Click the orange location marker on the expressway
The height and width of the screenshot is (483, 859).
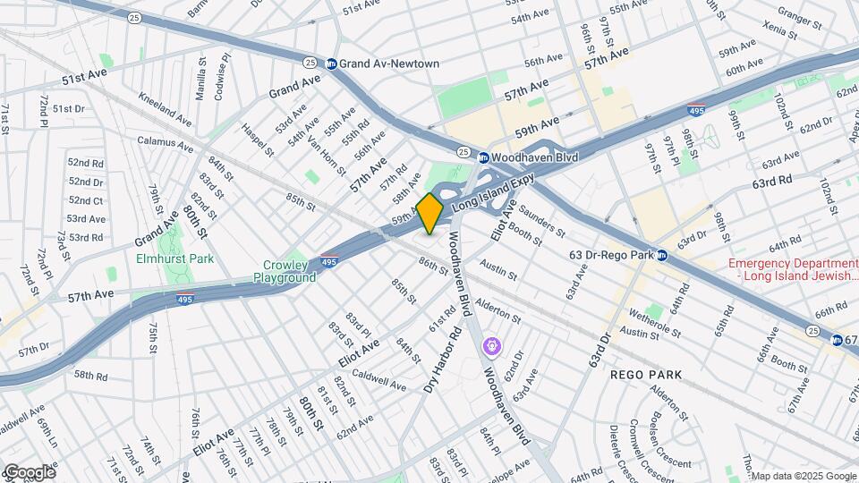tap(429, 213)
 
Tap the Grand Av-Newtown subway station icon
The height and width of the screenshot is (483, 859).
tap(331, 64)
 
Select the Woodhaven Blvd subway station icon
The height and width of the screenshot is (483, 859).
tap(483, 157)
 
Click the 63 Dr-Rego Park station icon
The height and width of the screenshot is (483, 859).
tap(662, 255)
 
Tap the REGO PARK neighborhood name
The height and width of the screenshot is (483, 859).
tap(646, 375)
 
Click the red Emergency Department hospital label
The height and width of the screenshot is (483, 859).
tap(792, 270)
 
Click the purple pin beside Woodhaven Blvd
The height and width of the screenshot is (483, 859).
tap(491, 345)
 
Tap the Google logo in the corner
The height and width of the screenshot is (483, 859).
tap(29, 471)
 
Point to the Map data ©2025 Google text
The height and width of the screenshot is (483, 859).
tap(804, 476)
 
